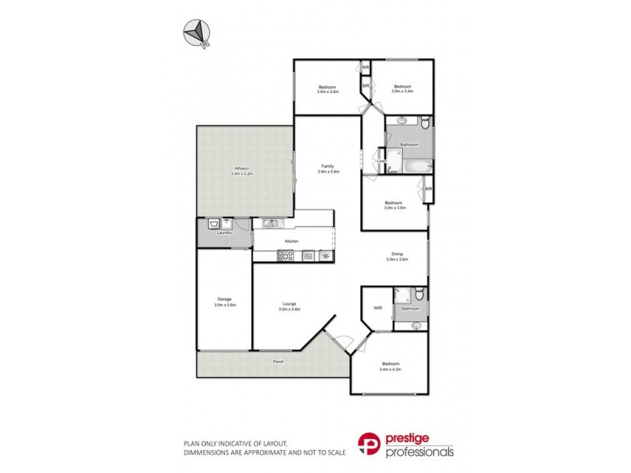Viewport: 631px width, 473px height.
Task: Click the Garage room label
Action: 225,299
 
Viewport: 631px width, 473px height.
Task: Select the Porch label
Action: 278,362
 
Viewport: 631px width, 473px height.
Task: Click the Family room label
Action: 327,166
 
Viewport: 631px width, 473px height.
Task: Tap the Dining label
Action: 397,253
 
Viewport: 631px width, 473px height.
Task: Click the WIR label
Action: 378,307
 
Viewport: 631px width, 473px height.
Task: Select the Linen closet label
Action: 380,162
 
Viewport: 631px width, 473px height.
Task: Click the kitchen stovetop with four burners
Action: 285,255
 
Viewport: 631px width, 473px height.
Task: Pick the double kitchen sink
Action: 270,223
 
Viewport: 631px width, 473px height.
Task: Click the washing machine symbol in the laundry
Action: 214,225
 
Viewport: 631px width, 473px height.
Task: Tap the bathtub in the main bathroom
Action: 415,165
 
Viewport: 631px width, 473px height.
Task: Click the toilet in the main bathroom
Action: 424,123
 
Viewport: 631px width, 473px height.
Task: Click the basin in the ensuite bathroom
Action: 416,324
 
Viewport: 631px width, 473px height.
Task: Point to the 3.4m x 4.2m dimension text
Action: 391,369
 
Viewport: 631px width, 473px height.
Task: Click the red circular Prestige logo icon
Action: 371,444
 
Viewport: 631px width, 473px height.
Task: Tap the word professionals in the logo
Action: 420,453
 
